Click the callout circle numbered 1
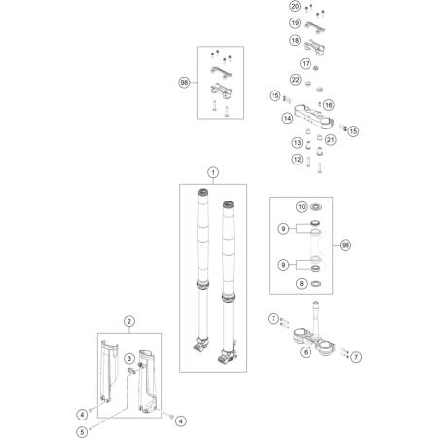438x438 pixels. point(213,172)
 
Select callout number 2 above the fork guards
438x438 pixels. point(129,321)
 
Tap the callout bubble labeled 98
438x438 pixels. point(184,83)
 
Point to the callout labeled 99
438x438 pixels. point(346,245)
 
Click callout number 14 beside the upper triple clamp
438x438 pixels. point(287,118)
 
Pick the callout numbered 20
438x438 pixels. point(295,6)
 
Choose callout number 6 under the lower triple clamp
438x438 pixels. point(306,352)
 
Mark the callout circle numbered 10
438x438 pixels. point(302,207)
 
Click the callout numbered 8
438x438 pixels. point(302,284)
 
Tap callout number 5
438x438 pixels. point(82,432)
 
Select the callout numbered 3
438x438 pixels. point(129,358)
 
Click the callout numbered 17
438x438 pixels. point(306,63)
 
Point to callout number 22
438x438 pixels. point(295,80)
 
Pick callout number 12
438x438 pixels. point(297,159)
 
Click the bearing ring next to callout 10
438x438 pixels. point(316,207)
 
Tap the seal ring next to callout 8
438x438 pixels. point(316,284)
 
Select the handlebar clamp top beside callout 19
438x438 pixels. point(314,27)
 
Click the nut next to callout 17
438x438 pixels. point(316,68)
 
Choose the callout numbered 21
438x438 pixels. point(330,140)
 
